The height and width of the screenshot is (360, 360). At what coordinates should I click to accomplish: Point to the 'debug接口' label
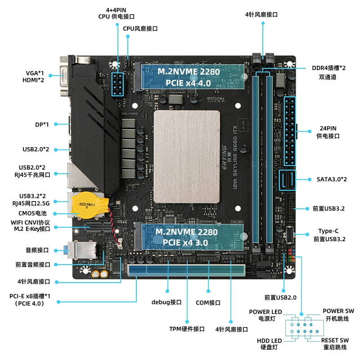coord(166,302)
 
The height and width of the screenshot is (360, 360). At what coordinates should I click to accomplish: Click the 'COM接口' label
coord(208,302)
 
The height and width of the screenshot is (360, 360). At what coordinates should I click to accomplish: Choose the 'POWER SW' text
coord(338,311)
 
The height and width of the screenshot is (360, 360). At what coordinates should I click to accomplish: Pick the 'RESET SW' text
coord(335,340)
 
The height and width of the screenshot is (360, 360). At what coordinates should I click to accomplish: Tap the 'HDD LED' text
coord(270,340)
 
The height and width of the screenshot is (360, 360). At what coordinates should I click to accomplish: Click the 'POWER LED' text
coord(265,312)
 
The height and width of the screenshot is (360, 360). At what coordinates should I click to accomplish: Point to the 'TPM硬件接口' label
coord(187,329)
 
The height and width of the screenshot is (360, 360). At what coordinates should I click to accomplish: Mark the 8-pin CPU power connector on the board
coord(118,84)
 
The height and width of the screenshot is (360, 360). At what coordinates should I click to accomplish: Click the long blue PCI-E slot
coord(187,270)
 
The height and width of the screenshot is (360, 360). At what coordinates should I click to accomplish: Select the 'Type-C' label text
coord(328,231)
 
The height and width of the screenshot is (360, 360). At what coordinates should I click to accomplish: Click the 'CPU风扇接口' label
coord(140,28)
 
